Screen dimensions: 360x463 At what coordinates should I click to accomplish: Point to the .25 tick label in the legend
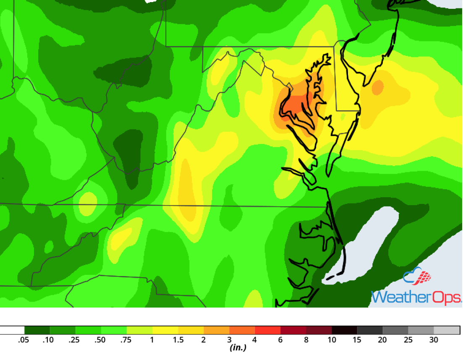pyautogui.click(x=74, y=340)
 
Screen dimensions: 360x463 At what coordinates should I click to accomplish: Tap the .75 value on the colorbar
pyautogui.click(x=126, y=340)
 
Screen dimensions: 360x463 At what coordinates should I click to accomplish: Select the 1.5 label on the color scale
pyautogui.click(x=178, y=340)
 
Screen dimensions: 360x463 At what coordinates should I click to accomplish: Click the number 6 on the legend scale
pyautogui.click(x=280, y=340)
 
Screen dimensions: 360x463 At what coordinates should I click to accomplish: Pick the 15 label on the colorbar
pyautogui.click(x=357, y=340)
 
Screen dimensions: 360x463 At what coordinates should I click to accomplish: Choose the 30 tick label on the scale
pyautogui.click(x=434, y=340)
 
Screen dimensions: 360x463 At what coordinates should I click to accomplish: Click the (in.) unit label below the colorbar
pyautogui.click(x=238, y=348)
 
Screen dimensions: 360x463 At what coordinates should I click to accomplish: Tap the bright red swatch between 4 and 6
pyautogui.click(x=267, y=330)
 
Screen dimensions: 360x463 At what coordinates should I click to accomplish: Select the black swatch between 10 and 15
pyautogui.click(x=344, y=330)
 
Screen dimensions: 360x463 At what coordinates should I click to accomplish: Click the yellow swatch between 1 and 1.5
pyautogui.click(x=165, y=330)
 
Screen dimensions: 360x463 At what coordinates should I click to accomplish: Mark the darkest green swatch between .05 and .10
pyautogui.click(x=37, y=330)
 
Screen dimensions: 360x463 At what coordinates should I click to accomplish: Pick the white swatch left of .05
pyautogui.click(x=12, y=330)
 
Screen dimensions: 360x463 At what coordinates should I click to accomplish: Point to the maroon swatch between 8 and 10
pyautogui.click(x=319, y=330)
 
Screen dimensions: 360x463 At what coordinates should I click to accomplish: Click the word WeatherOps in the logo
pyautogui.click(x=416, y=297)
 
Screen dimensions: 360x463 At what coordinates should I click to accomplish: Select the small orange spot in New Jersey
pyautogui.click(x=378, y=87)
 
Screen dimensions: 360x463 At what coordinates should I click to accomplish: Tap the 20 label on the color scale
pyautogui.click(x=382, y=340)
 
